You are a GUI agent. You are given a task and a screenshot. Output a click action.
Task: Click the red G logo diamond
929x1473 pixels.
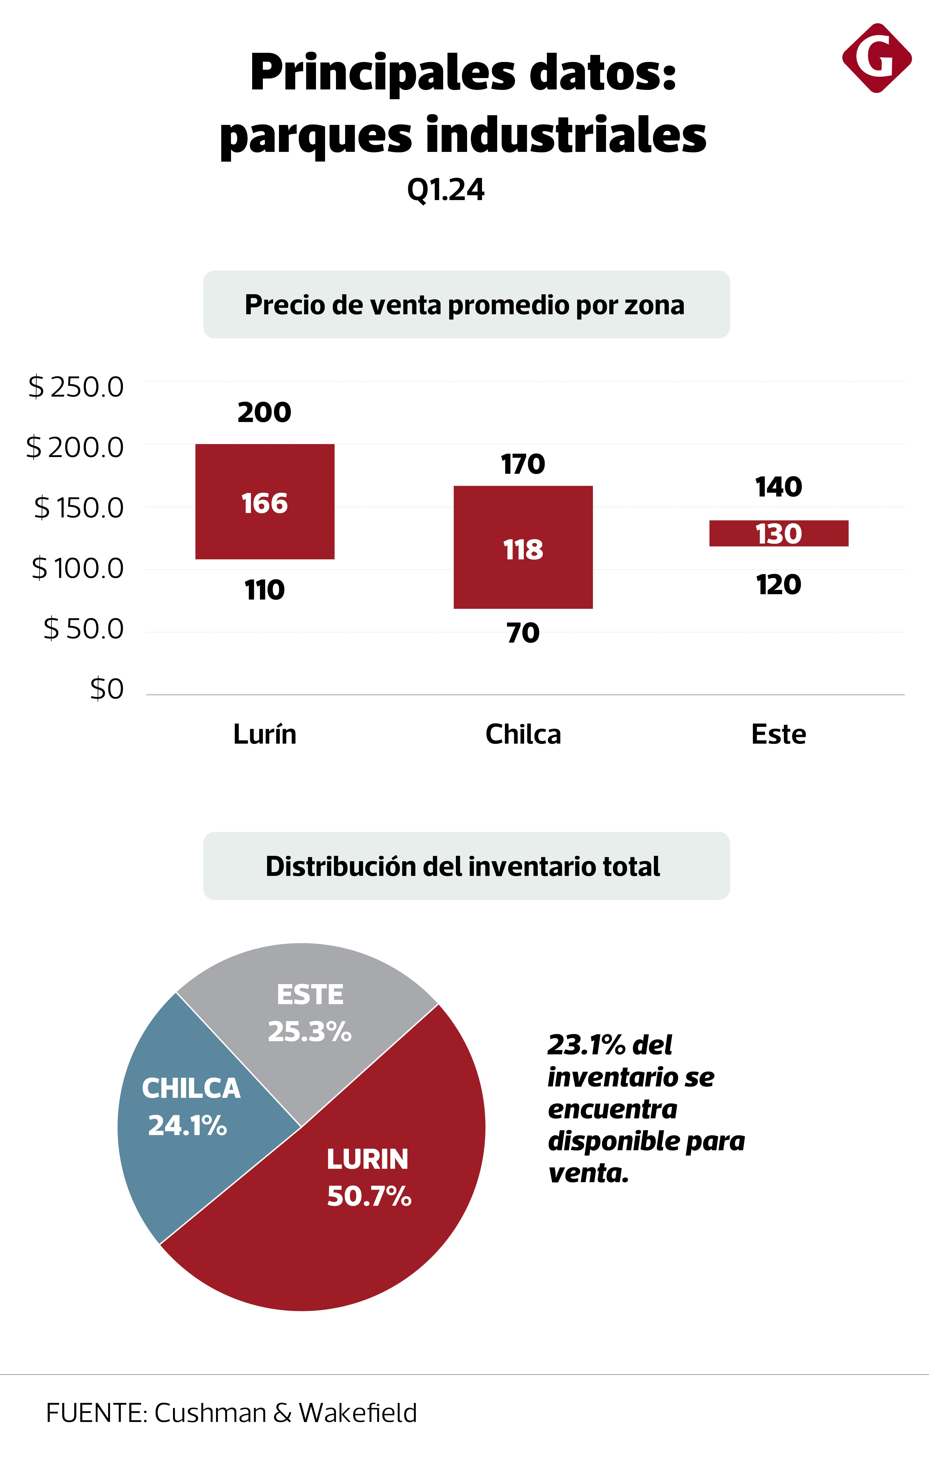pos(876,58)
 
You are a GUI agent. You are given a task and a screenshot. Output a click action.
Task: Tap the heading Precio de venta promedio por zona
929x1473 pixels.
pos(465,305)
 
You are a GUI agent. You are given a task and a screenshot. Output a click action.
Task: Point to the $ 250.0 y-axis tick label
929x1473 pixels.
pos(76,387)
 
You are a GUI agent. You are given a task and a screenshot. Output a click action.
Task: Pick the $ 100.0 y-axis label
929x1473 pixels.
pos(78,568)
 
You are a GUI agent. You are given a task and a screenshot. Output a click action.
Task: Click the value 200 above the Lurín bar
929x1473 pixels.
pos(264,412)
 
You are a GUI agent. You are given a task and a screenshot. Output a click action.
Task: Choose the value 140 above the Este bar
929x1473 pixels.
pos(779,487)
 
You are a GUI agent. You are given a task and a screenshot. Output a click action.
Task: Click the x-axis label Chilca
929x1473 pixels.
pos(523,734)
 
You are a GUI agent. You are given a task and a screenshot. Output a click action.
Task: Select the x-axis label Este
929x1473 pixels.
pos(779,734)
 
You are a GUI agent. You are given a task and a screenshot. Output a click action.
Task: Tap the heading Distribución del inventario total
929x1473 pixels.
pos(463,866)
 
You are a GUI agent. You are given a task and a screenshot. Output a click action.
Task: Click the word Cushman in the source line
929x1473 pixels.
pos(210,1413)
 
